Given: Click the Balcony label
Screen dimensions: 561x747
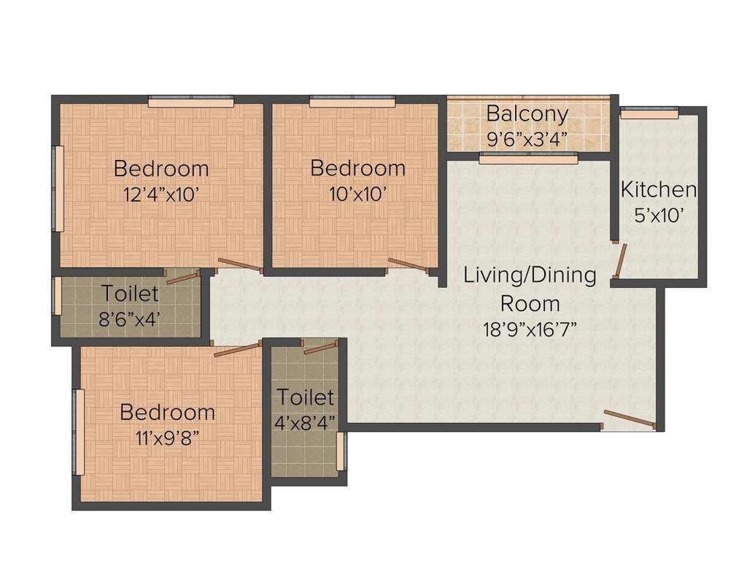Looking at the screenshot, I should [527, 114].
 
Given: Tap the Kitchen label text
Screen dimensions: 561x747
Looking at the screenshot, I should [658, 190].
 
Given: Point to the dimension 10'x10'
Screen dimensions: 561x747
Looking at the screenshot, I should [357, 194].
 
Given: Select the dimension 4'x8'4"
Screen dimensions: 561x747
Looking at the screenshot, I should [305, 421].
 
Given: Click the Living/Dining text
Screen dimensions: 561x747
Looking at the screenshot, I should [530, 275].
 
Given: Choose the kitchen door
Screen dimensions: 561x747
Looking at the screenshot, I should [620, 261].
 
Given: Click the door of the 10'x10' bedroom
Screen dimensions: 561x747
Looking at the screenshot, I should [406, 264].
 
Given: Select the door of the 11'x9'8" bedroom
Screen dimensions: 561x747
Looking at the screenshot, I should [236, 348].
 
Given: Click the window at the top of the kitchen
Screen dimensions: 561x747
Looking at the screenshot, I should [649, 112].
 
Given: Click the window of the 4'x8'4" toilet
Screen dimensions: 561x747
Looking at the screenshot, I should [343, 451].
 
